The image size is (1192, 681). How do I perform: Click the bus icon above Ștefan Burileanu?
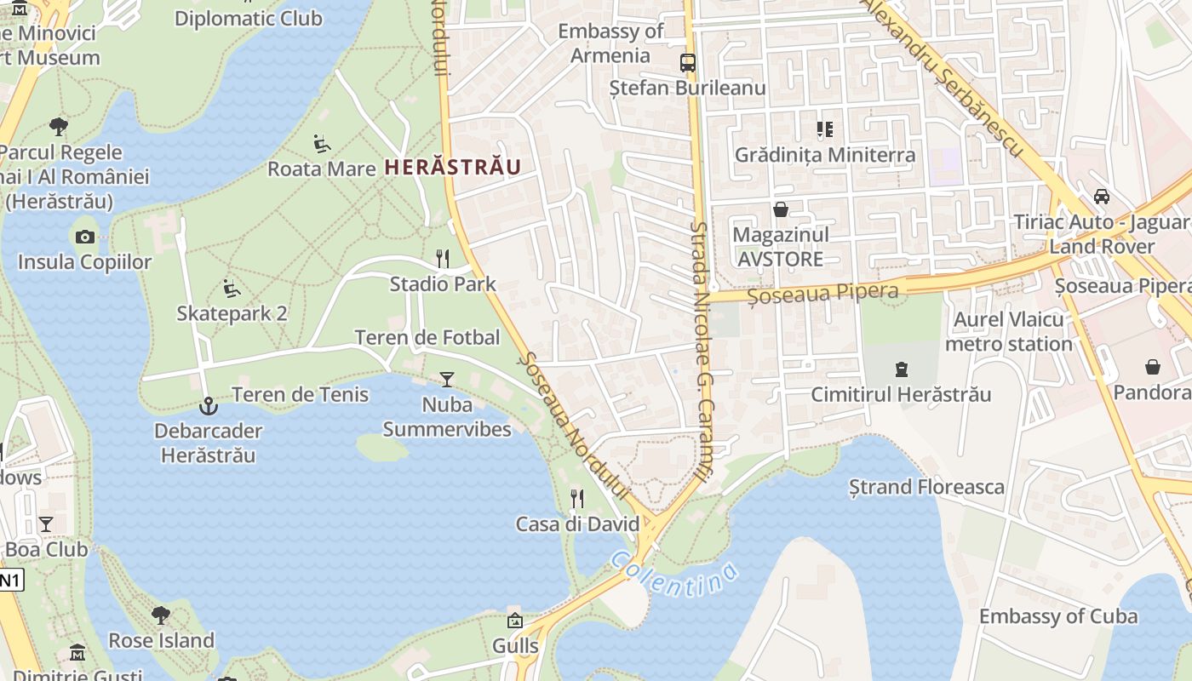(x=687, y=63)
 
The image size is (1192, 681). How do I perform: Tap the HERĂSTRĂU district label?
(x=452, y=167)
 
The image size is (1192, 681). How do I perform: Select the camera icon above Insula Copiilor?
(x=85, y=237)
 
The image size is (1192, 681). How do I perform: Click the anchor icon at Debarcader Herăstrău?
(x=208, y=406)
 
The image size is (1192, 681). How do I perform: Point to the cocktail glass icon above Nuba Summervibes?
(x=447, y=380)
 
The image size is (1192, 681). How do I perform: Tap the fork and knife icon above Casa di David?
(x=577, y=499)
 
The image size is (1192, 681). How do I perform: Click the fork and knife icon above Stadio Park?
(x=442, y=259)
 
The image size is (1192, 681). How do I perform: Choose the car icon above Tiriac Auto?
(x=1102, y=197)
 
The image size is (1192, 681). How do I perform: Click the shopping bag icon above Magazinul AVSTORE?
(x=780, y=209)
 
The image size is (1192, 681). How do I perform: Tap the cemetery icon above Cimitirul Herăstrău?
(x=901, y=369)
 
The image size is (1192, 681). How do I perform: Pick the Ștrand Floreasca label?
(x=926, y=487)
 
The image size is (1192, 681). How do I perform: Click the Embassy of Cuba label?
(x=1057, y=615)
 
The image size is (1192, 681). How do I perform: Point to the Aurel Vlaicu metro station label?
(x=1008, y=332)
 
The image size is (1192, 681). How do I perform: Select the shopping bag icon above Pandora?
(x=1152, y=367)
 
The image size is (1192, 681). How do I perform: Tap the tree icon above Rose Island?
(x=161, y=615)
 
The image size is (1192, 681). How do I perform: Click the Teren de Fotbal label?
(x=427, y=337)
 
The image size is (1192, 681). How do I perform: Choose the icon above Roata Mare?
(x=322, y=143)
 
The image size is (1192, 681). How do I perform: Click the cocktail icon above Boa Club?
(x=46, y=524)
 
